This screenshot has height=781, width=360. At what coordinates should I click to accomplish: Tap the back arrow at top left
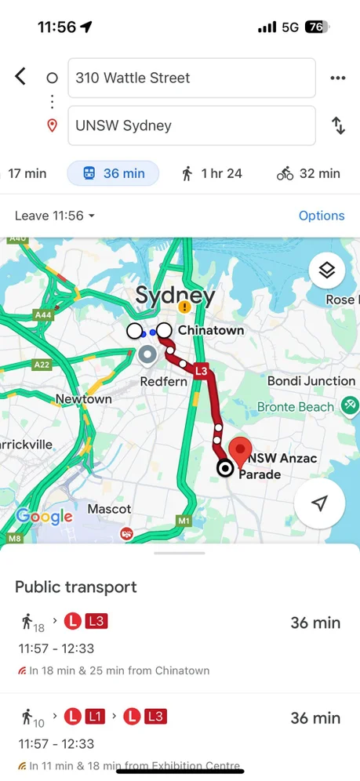click(x=20, y=76)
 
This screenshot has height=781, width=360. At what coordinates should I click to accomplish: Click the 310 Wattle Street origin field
click(x=191, y=78)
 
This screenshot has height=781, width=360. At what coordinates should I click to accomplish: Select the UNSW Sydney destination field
click(x=191, y=125)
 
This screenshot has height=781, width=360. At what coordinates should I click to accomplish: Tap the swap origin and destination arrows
click(x=338, y=125)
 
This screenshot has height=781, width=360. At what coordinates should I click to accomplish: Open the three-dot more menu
click(x=338, y=78)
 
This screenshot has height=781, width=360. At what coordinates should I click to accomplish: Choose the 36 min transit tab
click(x=113, y=173)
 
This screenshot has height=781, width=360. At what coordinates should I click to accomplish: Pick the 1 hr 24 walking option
click(x=212, y=173)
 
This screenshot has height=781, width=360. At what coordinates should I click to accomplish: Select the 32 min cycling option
click(x=308, y=173)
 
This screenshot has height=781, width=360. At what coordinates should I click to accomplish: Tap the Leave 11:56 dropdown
click(x=55, y=216)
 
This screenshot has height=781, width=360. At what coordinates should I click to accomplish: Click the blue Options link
click(x=322, y=216)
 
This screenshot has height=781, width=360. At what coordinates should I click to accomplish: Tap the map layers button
click(x=327, y=271)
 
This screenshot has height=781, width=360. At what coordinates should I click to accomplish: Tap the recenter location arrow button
click(x=319, y=503)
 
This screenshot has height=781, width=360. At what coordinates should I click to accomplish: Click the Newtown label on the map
click(x=83, y=399)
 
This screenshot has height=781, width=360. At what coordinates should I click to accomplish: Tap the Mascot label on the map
click(x=109, y=510)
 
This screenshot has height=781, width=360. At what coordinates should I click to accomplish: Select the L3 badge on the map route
click(x=201, y=371)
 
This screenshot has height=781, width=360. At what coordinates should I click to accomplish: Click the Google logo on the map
click(x=44, y=516)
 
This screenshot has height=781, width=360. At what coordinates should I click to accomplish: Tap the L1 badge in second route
click(x=95, y=716)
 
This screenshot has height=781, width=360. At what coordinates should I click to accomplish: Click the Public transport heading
click(x=76, y=587)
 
